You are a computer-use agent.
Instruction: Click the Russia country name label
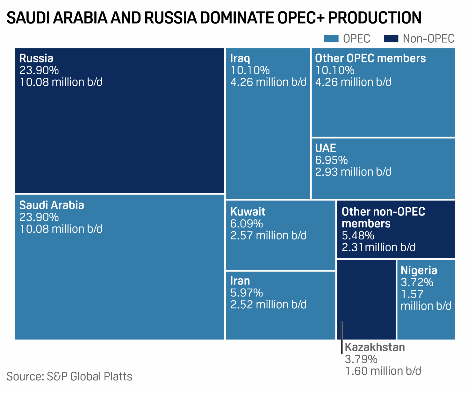pos(36,58)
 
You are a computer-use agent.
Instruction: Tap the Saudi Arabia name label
pos(52,205)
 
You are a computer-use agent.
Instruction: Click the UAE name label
pos(325,148)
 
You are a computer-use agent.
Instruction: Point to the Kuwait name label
pos(248,212)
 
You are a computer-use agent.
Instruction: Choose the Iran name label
pos(240,281)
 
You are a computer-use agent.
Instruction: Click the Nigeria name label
pos(419,270)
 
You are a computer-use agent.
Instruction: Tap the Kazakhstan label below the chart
pos(375,347)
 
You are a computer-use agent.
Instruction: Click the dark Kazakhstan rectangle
pos(366,296)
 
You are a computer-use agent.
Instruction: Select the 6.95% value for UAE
pos(331,160)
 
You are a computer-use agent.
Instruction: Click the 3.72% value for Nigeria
pos(417,282)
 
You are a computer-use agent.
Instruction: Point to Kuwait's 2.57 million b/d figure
pos(268,236)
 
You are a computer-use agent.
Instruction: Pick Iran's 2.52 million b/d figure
pos(268,305)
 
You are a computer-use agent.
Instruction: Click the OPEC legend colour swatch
pos(331,39)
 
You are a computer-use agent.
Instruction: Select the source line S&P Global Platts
pos(69,376)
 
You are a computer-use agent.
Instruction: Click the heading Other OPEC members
pos(370,58)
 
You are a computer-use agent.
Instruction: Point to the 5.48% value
pos(358,236)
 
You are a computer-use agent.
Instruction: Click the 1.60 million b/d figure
pos(383,371)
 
